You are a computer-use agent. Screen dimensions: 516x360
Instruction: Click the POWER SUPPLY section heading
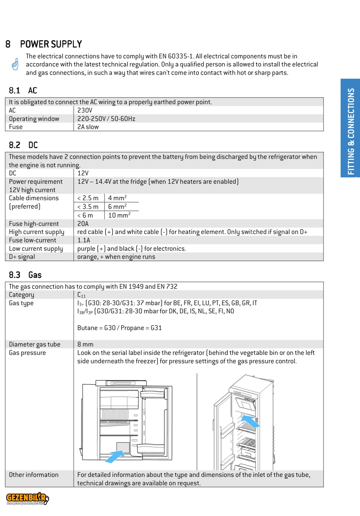point(51,44)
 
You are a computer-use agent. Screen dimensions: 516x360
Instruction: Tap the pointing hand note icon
point(15,64)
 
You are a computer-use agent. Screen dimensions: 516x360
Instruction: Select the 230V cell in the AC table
point(85,110)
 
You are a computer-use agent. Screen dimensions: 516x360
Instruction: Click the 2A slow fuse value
point(88,127)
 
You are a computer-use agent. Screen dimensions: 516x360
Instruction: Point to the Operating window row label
point(34,119)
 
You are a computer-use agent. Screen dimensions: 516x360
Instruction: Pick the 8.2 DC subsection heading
point(23,145)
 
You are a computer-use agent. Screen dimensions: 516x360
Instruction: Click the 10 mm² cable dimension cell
point(119,215)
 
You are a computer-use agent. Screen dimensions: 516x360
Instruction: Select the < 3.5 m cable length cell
point(88,207)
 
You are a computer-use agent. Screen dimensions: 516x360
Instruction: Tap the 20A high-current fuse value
point(83,224)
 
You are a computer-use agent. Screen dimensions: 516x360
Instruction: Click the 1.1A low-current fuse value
point(83,240)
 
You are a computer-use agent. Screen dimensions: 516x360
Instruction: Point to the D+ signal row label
point(22,257)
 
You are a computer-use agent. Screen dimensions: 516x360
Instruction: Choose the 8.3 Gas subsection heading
point(25,275)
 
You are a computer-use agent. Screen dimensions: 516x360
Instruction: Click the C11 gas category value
point(81,295)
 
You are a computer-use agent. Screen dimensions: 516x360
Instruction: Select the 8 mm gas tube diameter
point(85,344)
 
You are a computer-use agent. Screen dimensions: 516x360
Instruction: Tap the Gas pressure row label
point(27,353)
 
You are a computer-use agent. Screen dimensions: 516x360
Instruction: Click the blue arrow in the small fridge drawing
point(114,457)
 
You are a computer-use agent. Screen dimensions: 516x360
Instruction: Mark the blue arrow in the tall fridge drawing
point(250,421)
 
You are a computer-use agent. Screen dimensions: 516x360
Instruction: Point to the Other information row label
point(33,475)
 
